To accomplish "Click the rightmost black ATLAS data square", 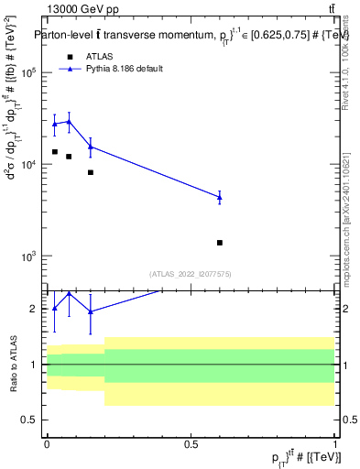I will pos(220,243).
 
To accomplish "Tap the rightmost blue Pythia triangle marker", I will pos(220,197).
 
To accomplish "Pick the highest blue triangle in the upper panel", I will pos(69,121).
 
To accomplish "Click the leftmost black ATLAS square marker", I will pos(55,152).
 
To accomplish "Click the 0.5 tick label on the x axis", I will pos(191,443).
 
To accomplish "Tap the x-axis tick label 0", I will pos(47,443).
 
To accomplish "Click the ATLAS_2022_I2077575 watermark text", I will pos(191,273).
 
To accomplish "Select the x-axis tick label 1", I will pos(334,443).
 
